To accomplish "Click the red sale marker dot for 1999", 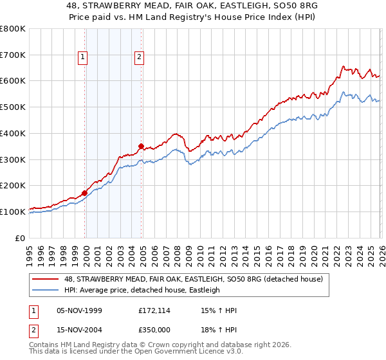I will [x=85, y=192].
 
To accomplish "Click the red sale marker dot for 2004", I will [x=141, y=146].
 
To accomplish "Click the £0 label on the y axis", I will [x=21, y=238].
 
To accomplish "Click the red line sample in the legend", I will [x=46, y=279].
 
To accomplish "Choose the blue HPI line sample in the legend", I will [x=46, y=291].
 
